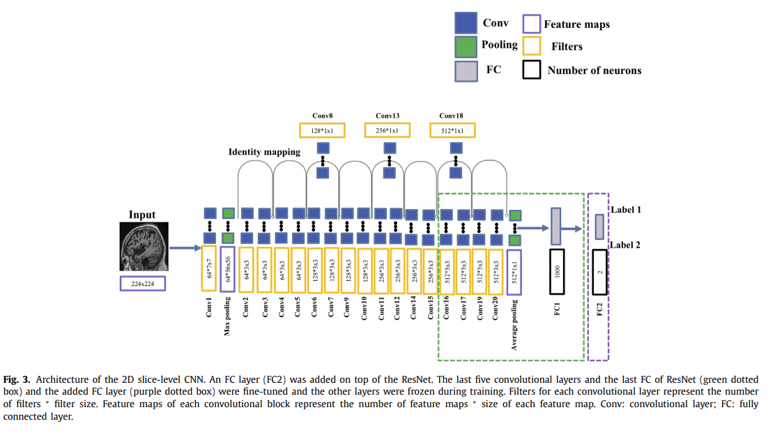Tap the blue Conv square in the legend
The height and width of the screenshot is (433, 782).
point(465,24)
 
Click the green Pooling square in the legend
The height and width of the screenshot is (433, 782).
point(465,47)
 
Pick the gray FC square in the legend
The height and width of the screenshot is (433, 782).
point(465,70)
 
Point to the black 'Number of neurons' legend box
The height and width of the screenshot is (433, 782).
point(532,70)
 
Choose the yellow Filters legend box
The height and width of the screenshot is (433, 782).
point(532,46)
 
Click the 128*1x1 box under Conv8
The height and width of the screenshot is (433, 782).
point(322,130)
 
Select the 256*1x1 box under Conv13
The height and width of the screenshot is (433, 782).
point(388,130)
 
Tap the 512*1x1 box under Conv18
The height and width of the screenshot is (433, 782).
point(452,130)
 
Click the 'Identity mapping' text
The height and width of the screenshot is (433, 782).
point(264,152)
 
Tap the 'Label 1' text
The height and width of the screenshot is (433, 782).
point(626,209)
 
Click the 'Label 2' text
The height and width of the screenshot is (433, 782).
point(626,245)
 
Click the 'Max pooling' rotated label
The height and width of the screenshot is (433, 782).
point(227,317)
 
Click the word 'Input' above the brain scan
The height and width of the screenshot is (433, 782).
point(142,215)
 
